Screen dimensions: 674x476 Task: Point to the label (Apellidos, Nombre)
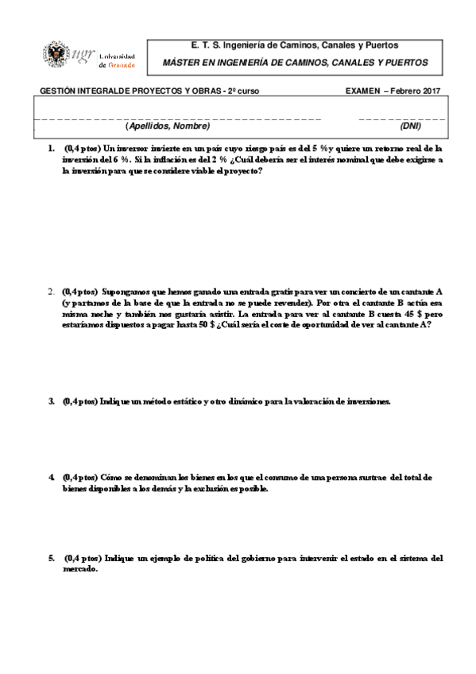pyautogui.click(x=167, y=126)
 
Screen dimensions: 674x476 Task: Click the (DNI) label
pyautogui.click(x=411, y=126)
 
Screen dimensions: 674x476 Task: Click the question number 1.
pyautogui.click(x=50, y=148)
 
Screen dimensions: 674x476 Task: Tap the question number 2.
pyautogui.click(x=50, y=291)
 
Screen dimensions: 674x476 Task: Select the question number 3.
pyautogui.click(x=50, y=401)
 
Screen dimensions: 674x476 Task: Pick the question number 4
pyautogui.click(x=50, y=477)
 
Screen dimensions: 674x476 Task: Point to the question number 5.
pyautogui.click(x=50, y=559)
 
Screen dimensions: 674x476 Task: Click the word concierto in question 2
pyautogui.click(x=339, y=291)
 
